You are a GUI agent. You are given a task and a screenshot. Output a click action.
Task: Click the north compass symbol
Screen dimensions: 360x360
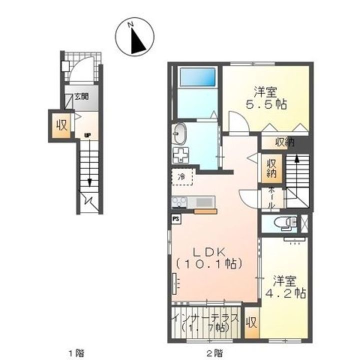click(134, 36)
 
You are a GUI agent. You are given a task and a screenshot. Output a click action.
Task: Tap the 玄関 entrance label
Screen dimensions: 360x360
click(81, 96)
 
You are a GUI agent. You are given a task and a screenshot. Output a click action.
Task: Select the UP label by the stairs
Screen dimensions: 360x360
click(87, 135)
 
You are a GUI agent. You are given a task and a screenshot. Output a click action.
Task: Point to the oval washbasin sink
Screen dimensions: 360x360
click(179, 134)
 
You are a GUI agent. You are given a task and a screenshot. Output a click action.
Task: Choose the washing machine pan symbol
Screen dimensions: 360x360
click(180, 155)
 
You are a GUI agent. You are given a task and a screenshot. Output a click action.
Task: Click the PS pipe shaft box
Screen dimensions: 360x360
click(176, 219)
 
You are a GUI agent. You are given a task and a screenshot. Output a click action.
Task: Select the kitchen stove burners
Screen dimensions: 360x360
click(179, 202)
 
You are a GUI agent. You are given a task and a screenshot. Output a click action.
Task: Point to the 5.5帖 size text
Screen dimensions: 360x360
click(266, 105)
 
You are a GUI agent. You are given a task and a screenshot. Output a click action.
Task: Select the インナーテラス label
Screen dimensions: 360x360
click(206, 318)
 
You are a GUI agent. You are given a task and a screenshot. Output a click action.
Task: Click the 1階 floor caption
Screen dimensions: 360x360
click(76, 352)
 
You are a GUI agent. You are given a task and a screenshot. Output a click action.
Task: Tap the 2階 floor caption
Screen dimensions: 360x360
click(214, 352)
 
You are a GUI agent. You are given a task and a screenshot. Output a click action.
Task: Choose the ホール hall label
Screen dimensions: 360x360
click(271, 198)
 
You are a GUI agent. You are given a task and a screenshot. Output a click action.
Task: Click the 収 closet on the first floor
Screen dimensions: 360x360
click(61, 125)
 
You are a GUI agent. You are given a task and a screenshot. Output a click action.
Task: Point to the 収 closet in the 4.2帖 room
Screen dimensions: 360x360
click(251, 323)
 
